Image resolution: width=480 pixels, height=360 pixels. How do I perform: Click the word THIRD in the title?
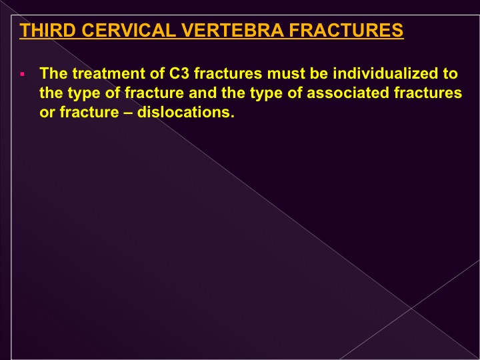pyautogui.click(x=47, y=30)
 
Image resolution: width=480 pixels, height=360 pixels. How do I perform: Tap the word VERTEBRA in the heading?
pyautogui.click(x=233, y=30)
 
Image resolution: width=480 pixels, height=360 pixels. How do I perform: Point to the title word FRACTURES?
pyautogui.click(x=346, y=30)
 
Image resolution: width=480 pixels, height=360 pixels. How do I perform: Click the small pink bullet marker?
pyautogui.click(x=23, y=74)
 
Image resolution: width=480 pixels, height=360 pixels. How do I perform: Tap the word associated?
pyautogui.click(x=347, y=93)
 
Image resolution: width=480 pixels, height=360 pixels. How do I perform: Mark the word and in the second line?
pyautogui.click(x=203, y=93)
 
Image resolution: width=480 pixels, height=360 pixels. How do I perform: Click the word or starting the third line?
pyautogui.click(x=47, y=113)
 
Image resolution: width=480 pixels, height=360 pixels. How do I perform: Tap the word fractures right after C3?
pyautogui.click(x=228, y=73)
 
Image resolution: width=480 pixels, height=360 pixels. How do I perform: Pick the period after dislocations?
pyautogui.click(x=232, y=116)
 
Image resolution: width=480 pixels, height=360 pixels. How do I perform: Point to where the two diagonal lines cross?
pyautogui.click(x=411, y=309)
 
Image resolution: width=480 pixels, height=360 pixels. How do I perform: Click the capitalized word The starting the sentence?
pyautogui.click(x=53, y=73)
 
